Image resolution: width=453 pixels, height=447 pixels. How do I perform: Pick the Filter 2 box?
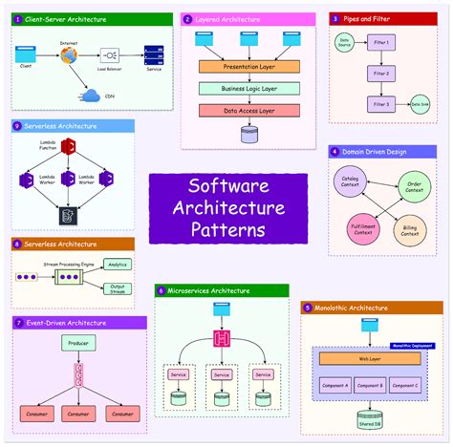click(381, 74)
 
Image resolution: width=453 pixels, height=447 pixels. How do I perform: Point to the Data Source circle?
click(345, 42)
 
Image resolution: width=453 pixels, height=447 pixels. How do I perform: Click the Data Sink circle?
click(420, 104)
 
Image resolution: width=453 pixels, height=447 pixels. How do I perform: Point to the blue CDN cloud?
click(93, 95)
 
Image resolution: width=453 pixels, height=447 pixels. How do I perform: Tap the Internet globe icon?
click(69, 55)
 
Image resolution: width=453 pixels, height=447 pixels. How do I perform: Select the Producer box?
click(78, 342)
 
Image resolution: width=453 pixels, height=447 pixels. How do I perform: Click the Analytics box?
click(118, 264)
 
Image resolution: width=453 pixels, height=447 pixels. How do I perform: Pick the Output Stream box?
click(118, 288)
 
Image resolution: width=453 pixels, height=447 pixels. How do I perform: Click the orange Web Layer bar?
click(370, 359)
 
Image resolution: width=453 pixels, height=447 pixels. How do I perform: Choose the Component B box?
click(370, 385)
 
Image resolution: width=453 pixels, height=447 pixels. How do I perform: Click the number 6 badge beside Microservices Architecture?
click(162, 290)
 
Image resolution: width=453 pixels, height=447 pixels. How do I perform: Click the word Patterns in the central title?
click(227, 229)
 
